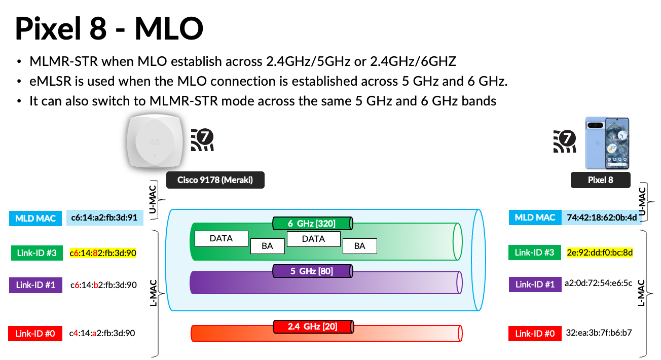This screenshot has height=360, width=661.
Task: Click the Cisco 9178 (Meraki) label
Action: (215, 180)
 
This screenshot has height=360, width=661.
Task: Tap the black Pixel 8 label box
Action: (600, 180)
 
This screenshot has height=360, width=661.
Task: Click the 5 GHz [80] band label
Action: (312, 271)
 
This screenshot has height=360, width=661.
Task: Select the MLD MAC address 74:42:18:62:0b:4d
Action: (602, 218)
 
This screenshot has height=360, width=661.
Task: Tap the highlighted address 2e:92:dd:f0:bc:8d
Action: (600, 253)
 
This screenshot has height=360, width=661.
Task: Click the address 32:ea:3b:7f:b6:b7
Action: (599, 333)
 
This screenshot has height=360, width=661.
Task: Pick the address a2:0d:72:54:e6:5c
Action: (599, 284)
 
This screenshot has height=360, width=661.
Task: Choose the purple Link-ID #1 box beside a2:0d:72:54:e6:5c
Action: (535, 284)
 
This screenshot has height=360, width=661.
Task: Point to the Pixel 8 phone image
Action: (607, 143)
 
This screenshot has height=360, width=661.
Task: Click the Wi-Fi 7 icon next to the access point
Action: (203, 139)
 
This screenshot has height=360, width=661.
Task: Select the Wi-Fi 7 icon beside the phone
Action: (565, 141)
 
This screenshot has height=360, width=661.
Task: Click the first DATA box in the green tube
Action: (221, 238)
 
